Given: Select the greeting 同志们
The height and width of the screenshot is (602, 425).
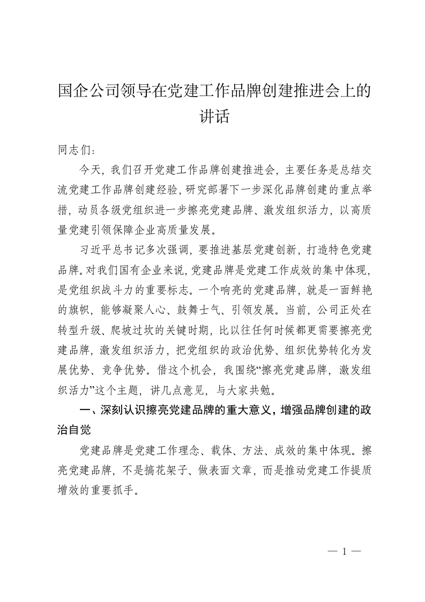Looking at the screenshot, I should tap(73, 149).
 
